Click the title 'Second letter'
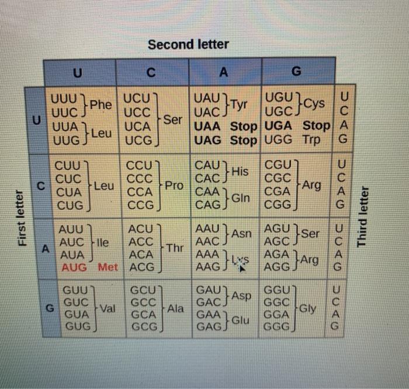188,44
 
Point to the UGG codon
279,140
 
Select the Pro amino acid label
174,186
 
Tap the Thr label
175,248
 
